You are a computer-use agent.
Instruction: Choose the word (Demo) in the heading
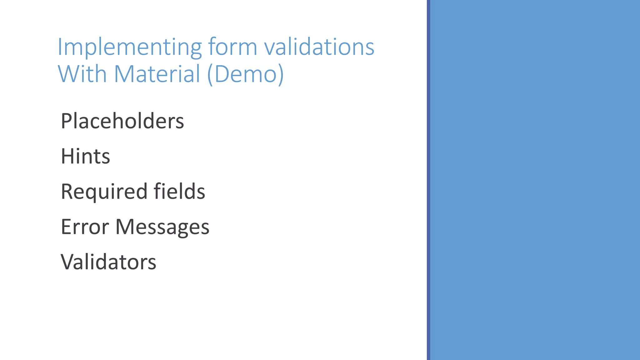tap(245, 74)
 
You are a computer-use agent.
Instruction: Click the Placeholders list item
tap(122, 121)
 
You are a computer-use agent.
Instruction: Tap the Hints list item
tap(85, 156)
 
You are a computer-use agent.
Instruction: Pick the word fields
tap(179, 191)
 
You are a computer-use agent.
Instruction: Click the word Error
tap(85, 227)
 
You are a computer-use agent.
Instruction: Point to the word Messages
tap(162, 227)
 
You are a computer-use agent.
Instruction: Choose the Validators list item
tap(108, 262)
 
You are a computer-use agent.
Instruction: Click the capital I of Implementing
tap(60, 47)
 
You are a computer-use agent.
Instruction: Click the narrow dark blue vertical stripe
tap(428, 180)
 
